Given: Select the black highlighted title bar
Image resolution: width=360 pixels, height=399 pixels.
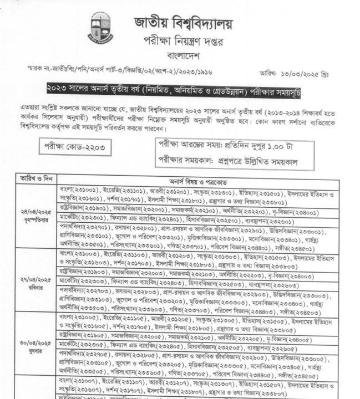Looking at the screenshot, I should click(x=181, y=91).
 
